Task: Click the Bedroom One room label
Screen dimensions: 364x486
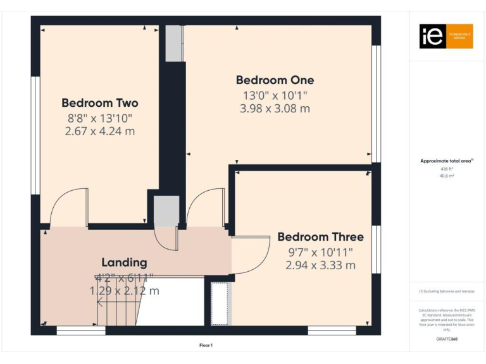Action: (275, 80)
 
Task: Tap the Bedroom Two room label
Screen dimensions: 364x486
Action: (100, 103)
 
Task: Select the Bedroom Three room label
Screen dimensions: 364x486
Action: (320, 237)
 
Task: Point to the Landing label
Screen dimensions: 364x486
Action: (124, 262)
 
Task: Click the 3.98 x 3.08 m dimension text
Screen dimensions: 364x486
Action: (275, 108)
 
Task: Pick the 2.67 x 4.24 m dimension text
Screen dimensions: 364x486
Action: (100, 131)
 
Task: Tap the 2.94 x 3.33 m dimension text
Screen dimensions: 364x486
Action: (320, 265)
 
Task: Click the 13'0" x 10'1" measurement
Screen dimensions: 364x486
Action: (275, 95)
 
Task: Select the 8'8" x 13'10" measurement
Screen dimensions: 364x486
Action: (100, 118)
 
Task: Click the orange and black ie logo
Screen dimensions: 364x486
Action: (446, 36)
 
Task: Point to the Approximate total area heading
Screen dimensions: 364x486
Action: (447, 161)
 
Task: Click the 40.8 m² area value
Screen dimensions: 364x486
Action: (447, 176)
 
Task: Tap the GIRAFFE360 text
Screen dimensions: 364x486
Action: (447, 339)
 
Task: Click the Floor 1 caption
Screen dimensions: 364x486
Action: (206, 345)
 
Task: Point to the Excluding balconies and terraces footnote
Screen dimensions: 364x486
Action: (447, 291)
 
